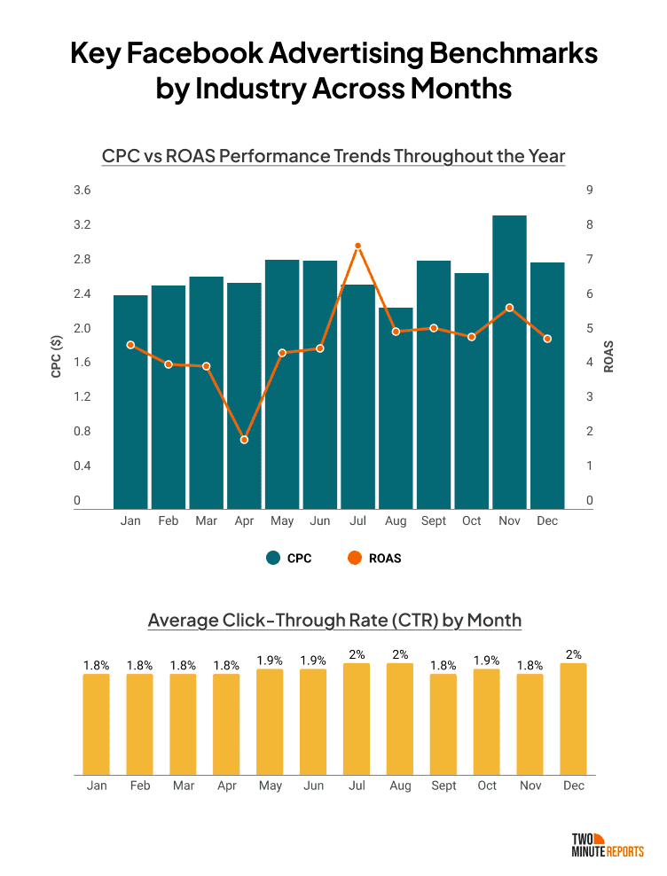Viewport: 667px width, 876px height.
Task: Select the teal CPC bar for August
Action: pyautogui.click(x=396, y=408)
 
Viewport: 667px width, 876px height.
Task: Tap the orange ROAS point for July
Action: pyautogui.click(x=357, y=246)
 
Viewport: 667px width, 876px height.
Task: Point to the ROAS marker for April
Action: pyautogui.click(x=244, y=440)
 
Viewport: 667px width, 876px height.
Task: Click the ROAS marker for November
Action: pyautogui.click(x=509, y=308)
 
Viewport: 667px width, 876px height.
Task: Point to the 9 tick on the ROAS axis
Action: pyautogui.click(x=589, y=191)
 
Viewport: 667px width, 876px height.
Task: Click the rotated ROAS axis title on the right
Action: pyautogui.click(x=609, y=356)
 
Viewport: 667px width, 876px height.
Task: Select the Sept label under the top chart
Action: pyautogui.click(x=434, y=520)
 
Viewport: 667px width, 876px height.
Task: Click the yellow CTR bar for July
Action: pyautogui.click(x=356, y=718)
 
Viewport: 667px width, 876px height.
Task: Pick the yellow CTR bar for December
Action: pyautogui.click(x=573, y=718)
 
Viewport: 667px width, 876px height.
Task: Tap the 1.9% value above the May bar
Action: pyautogui.click(x=270, y=661)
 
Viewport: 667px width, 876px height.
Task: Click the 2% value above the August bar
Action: pyautogui.click(x=399, y=655)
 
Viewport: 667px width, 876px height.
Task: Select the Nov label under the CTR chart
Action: pyautogui.click(x=530, y=786)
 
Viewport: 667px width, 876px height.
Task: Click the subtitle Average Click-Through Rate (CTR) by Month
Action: pyautogui.click(x=334, y=620)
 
